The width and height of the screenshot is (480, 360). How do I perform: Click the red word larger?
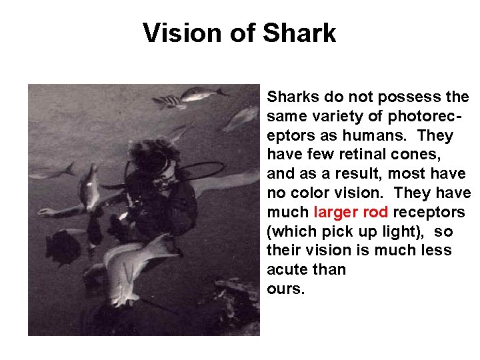click(x=337, y=213)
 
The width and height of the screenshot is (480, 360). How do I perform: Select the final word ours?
click(x=285, y=289)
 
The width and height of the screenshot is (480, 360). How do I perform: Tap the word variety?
click(x=327, y=117)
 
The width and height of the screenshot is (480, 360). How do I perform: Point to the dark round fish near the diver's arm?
click(x=64, y=247)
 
